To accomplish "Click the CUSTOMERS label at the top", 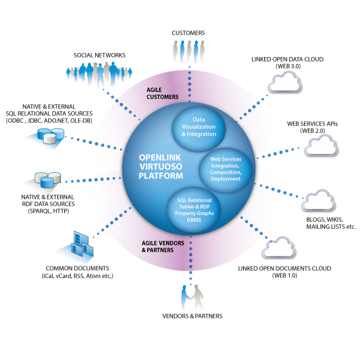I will point(188,33).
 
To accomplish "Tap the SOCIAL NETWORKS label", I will point(100,55).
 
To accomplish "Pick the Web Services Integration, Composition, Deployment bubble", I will point(225,168).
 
